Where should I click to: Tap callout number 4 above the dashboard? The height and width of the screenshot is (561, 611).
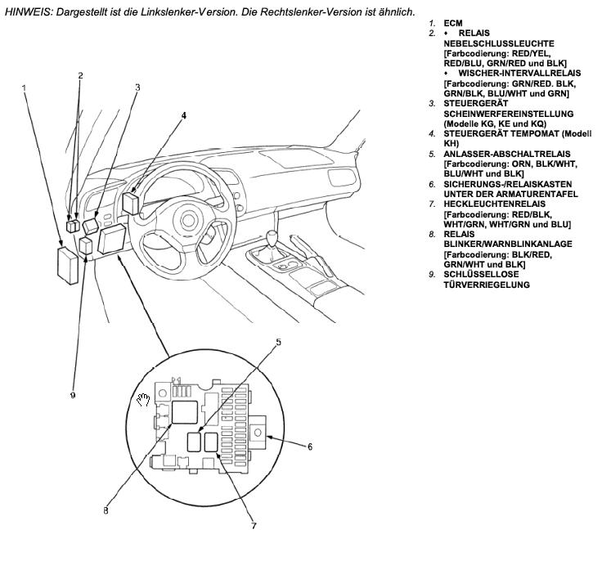[x=184, y=115]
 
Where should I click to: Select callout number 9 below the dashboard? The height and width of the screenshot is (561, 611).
[x=73, y=394]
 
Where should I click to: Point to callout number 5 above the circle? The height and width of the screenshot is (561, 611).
[x=278, y=343]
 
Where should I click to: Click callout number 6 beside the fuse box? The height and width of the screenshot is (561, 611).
[x=310, y=447]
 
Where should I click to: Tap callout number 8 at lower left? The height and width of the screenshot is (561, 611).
[x=105, y=511]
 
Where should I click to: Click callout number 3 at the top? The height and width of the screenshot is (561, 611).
[x=137, y=87]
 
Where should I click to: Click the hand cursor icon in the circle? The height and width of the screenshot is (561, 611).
[x=144, y=399]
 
